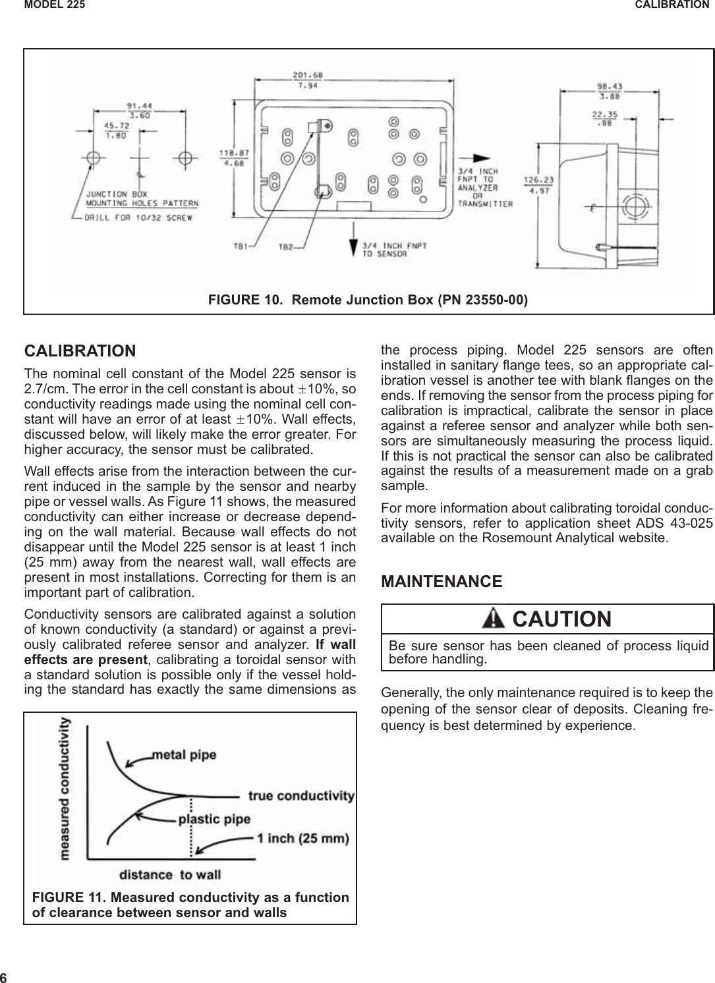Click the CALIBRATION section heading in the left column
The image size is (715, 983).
click(x=80, y=350)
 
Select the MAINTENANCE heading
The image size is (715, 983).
click(x=442, y=582)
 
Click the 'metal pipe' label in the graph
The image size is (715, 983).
click(x=184, y=753)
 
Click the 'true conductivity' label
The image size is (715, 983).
click(x=301, y=796)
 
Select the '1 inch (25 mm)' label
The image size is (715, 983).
click(x=303, y=839)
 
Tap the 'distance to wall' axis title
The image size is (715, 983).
click(x=170, y=874)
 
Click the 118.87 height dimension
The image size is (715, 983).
click(x=230, y=152)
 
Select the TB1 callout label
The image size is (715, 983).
click(x=241, y=247)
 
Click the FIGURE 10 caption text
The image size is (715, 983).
click(x=368, y=300)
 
